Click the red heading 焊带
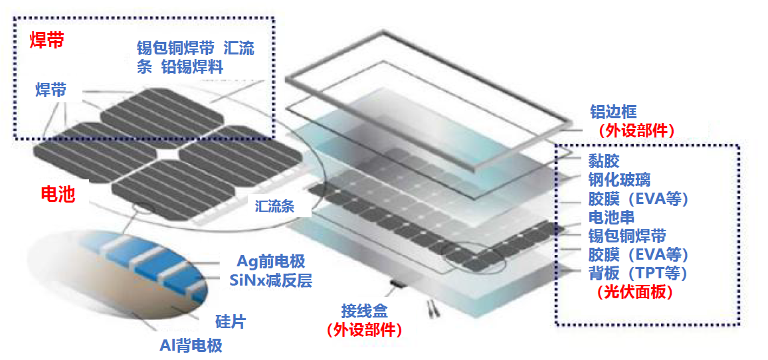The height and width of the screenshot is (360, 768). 47,41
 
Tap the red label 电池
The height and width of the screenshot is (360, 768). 57,195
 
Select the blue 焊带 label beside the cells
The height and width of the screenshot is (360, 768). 51,90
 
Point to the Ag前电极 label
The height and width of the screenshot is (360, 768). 271,262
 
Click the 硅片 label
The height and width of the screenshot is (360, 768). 231,321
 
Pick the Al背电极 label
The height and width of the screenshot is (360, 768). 191,346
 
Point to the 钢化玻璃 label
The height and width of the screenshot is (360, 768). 619,179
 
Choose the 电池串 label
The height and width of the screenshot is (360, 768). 611,217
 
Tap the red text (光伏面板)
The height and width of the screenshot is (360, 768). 634,292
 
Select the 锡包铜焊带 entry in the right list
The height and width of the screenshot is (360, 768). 626,236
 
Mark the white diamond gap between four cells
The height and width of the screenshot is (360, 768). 167,153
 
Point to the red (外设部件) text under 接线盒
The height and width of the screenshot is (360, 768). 365,329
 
